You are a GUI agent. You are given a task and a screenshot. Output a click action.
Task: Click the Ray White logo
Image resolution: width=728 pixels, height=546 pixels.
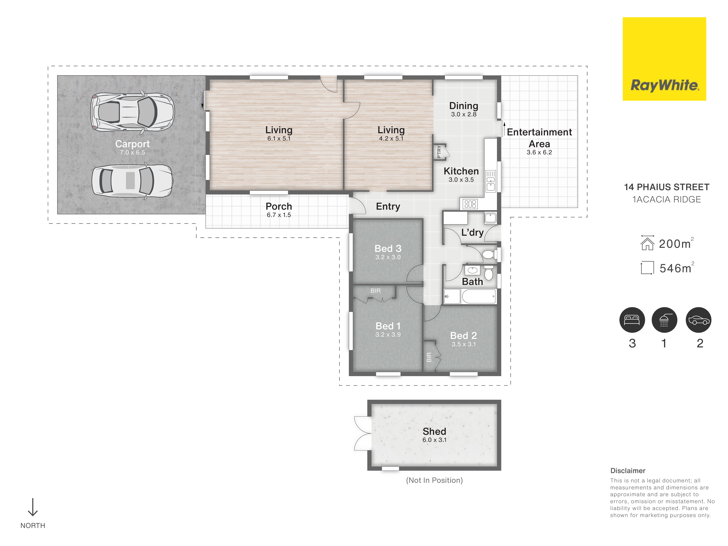pos(664,59)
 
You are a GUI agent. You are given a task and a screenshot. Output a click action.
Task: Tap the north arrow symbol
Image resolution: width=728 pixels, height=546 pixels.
pos(33,507)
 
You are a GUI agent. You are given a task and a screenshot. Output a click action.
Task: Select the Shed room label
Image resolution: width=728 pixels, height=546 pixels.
pos(434,431)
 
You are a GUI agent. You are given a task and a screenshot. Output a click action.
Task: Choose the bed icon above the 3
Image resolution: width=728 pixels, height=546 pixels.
pos(632,320)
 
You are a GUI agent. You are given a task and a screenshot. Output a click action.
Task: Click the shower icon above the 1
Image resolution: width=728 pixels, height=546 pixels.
pos(664,320)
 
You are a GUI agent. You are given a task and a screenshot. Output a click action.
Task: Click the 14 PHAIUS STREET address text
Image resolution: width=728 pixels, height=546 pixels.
pos(666,187)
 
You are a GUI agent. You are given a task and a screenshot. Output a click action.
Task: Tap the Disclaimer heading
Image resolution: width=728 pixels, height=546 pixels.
pos(628,471)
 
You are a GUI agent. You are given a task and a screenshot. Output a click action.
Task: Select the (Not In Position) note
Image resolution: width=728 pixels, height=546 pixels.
pos(434,480)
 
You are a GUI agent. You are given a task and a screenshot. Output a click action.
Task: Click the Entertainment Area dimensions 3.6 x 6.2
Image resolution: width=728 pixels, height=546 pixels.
pos(539,152)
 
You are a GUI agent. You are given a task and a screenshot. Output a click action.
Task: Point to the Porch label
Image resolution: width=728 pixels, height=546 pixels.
pos(279,206)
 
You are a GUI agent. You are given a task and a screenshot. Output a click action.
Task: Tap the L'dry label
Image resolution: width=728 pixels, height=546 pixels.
pos(472,232)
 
